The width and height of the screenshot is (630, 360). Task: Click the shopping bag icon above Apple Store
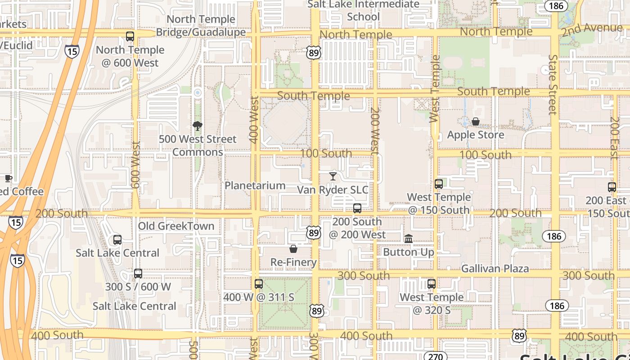tap(475, 121)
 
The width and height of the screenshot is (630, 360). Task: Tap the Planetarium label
tap(255, 185)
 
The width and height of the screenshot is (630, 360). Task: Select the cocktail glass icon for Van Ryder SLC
tap(333, 176)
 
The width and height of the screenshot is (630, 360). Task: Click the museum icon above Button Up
tap(409, 238)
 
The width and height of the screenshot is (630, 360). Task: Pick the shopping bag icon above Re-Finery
tap(293, 249)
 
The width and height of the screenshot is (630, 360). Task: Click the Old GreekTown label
tap(176, 226)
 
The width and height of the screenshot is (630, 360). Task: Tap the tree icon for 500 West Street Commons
tap(197, 126)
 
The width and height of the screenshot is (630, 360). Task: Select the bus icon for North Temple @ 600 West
tap(130, 36)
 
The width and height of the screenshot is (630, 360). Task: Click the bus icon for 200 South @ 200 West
tap(357, 208)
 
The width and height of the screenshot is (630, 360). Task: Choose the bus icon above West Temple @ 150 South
tap(439, 184)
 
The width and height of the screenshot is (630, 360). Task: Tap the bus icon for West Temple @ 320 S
tap(432, 284)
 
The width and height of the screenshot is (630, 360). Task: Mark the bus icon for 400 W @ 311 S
tap(259, 284)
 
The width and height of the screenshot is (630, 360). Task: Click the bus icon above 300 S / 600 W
tap(138, 274)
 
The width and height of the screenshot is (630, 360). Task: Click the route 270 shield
tap(435, 355)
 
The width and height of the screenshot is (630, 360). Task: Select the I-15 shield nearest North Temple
tap(72, 51)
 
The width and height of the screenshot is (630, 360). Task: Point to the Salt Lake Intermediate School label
tap(363, 10)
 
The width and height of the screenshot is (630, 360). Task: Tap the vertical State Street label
tap(553, 85)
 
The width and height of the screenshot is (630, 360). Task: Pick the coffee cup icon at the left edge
tap(8, 178)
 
